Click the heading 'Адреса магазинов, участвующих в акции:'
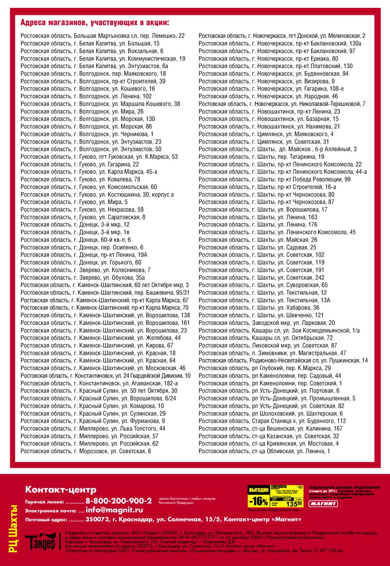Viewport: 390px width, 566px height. point(95,23)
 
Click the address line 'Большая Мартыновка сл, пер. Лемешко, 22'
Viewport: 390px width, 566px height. point(103,36)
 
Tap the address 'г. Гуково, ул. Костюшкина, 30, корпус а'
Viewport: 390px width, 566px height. point(97,195)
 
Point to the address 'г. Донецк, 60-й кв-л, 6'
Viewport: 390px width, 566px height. point(76,240)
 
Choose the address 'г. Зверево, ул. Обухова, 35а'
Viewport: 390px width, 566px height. point(83,278)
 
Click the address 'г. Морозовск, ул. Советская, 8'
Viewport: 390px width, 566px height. point(86,451)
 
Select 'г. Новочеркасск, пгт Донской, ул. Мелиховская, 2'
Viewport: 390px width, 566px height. point(282,36)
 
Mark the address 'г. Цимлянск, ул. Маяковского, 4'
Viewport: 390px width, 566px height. point(266,134)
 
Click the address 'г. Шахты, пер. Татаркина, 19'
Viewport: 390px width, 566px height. point(261,157)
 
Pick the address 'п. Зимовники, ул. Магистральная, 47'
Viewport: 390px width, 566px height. point(272,353)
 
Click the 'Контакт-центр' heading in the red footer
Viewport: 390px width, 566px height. point(60,490)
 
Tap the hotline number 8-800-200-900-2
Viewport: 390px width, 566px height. point(119,501)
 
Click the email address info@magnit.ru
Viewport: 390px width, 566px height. point(114,510)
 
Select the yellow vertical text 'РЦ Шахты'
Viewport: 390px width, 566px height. point(14,529)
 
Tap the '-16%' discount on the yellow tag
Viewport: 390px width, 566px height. point(258,501)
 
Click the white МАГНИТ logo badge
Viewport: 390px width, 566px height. point(323,504)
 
